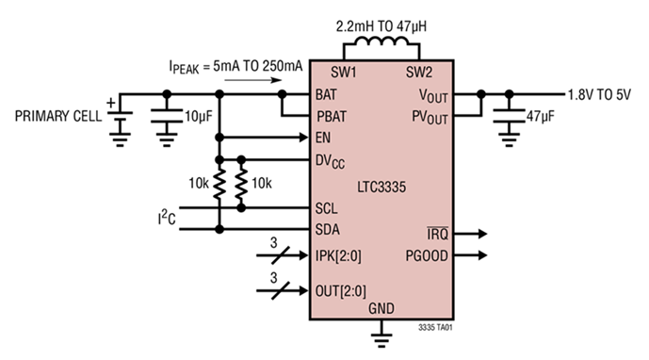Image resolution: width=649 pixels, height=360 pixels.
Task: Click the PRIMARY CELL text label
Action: tap(53, 118)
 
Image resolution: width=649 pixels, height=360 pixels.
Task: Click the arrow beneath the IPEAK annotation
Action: tap(251, 81)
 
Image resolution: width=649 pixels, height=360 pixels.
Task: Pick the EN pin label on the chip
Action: tap(325, 138)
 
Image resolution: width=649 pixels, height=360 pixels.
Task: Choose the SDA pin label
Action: tap(329, 230)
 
